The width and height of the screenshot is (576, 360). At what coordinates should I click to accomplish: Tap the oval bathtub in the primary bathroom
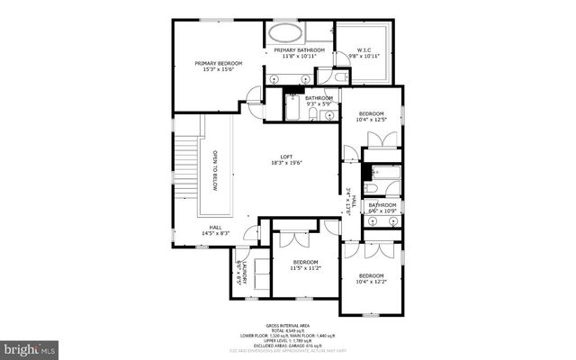click(x=285, y=33)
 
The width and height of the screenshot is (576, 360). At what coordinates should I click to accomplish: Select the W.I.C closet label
click(x=364, y=53)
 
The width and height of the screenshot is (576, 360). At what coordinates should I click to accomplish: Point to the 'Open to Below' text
click(x=214, y=169)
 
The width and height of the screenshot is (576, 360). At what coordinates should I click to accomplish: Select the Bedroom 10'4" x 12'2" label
click(x=371, y=278)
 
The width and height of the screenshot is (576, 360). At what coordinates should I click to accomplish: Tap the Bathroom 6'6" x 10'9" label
click(x=382, y=208)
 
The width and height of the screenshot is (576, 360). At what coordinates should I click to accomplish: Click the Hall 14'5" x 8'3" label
click(x=216, y=229)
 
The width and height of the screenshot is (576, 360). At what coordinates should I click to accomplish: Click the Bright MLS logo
click(x=29, y=346)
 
